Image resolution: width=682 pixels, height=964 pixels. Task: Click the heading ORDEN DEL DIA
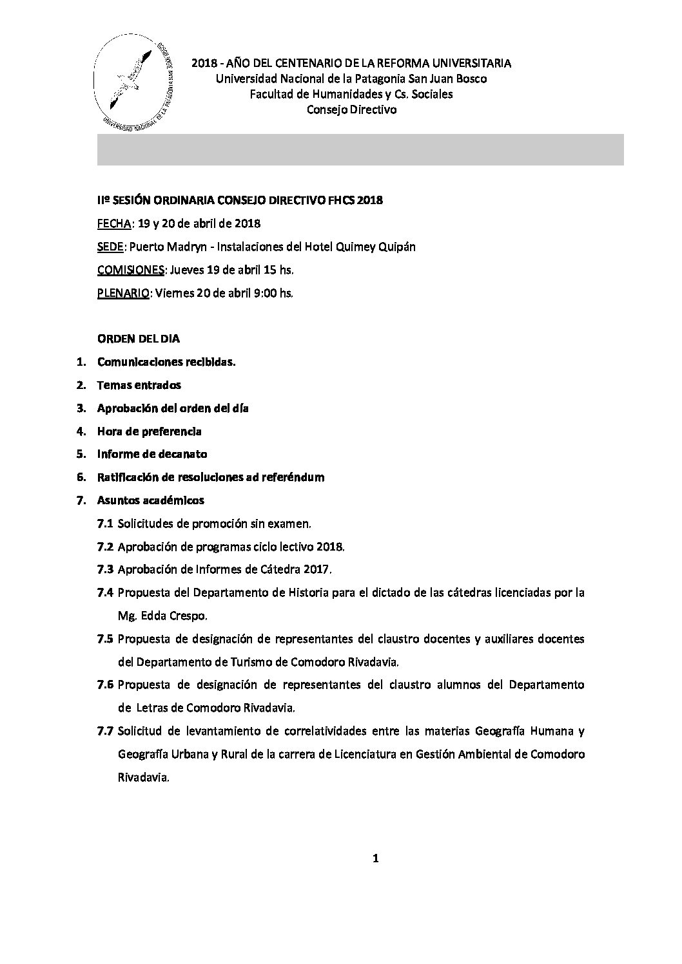(x=139, y=339)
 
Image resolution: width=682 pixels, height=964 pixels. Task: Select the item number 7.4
(x=105, y=592)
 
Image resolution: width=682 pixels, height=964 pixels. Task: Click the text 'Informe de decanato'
(x=152, y=454)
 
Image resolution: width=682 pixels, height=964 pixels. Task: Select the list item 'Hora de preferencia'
(x=149, y=431)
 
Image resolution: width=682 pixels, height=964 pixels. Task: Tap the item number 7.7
(x=105, y=731)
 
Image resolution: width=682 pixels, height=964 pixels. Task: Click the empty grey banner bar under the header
(x=360, y=150)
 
